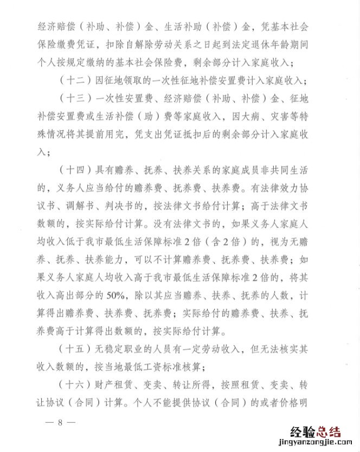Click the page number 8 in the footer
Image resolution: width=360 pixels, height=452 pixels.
click(61, 422)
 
